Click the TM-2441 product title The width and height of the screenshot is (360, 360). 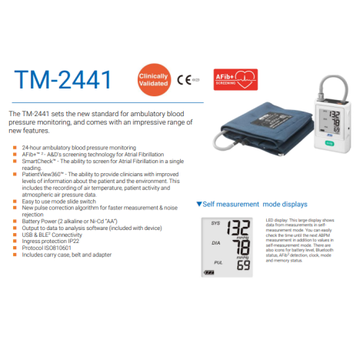click(62, 80)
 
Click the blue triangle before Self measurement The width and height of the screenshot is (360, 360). click(201, 205)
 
